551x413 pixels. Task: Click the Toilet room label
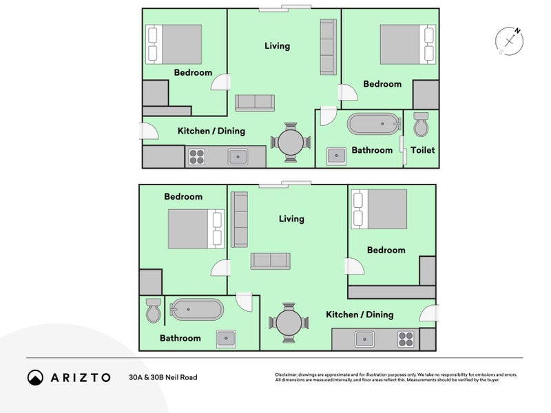(422, 150)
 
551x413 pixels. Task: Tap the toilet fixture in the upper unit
(421, 125)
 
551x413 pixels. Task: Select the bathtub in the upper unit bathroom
(374, 124)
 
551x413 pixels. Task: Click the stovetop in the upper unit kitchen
(197, 157)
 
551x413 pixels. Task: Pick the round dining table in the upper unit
(291, 142)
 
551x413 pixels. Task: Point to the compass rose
(509, 41)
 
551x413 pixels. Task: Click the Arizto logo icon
(36, 377)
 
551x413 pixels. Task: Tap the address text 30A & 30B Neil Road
(163, 377)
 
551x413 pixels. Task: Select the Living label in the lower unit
(291, 219)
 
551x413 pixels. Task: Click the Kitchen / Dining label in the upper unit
(211, 131)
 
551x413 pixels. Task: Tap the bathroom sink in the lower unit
(226, 339)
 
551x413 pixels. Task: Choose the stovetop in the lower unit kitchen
(406, 339)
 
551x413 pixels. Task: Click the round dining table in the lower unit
(289, 323)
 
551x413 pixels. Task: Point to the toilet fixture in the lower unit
(153, 310)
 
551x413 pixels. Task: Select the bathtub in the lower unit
(196, 309)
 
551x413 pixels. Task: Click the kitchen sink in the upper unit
(238, 157)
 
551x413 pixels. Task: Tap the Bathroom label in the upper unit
(372, 150)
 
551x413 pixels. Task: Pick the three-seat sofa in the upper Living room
(329, 47)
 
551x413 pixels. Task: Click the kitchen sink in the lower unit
(365, 339)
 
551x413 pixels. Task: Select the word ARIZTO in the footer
(81, 377)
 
